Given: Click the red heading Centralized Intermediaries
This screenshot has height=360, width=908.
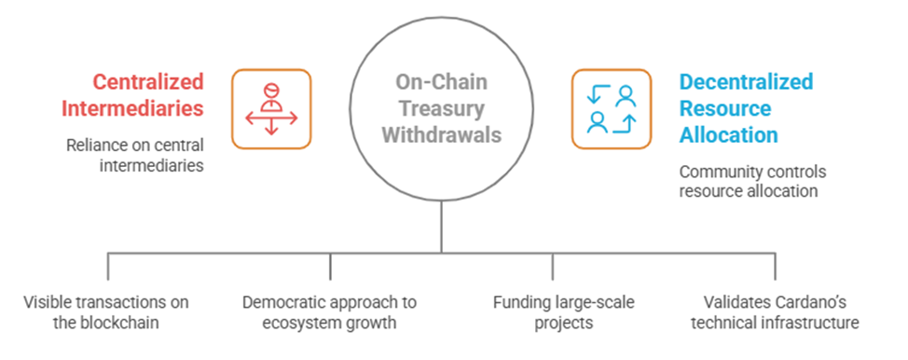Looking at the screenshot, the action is [x=132, y=95].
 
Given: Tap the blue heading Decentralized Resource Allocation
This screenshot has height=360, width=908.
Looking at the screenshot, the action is [x=746, y=108].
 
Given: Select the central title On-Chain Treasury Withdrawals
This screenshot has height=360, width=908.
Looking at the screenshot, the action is [x=441, y=108].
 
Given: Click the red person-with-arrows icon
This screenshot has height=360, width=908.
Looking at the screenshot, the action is [x=271, y=109].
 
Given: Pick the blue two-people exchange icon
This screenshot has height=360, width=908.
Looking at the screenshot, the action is [x=612, y=109].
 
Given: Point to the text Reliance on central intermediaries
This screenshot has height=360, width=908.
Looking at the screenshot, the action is [x=135, y=155].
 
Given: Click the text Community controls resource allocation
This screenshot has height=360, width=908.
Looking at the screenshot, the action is [x=752, y=181].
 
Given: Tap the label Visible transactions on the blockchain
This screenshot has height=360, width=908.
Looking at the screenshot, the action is [x=106, y=312].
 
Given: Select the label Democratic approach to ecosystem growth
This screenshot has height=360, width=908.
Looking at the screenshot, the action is [x=329, y=312].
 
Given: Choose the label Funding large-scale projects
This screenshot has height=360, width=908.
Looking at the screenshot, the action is [x=563, y=312].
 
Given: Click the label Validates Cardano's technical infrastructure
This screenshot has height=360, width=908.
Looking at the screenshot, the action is [x=775, y=312].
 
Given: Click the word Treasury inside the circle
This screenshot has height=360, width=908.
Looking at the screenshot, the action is [x=441, y=108].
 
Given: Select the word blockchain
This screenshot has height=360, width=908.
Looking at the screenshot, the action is [x=122, y=323].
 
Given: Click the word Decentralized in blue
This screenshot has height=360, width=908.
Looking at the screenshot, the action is [x=746, y=82].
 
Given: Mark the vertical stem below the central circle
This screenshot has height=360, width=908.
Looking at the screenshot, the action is [x=441, y=227].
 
